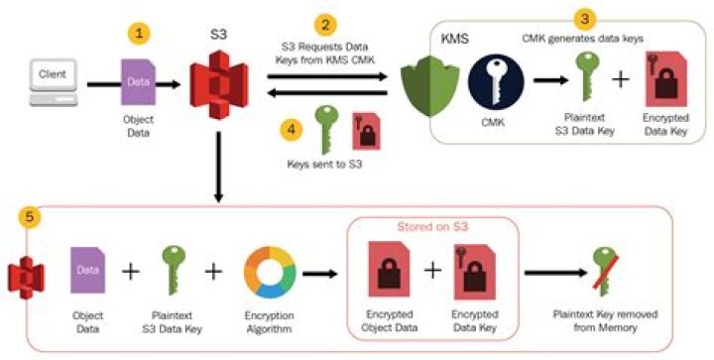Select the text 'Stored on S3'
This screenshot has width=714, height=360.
(432, 227)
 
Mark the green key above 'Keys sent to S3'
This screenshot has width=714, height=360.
(325, 129)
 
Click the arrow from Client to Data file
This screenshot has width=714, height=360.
(98, 84)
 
